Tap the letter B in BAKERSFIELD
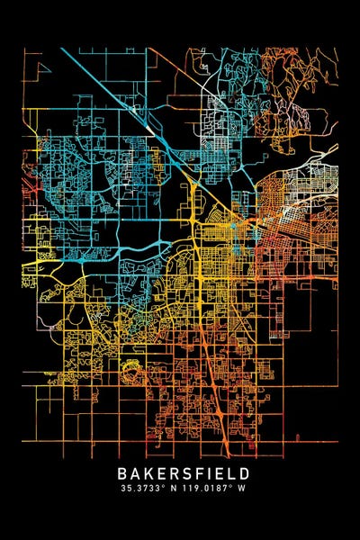[x=121, y=472]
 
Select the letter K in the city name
[x=146, y=472]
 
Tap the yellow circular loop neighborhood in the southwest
[x=135, y=369]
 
